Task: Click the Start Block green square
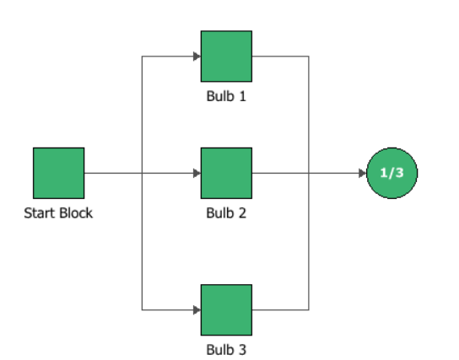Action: pos(58,173)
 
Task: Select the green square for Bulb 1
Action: pos(226,56)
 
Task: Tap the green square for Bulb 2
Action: pos(226,173)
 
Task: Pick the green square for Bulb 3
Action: pos(226,309)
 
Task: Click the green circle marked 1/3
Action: pos(392,173)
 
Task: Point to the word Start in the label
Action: pos(39,212)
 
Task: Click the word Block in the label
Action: pos(74,212)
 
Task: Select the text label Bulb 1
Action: pos(226,95)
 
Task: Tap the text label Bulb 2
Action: pos(226,212)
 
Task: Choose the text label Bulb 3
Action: pos(226,348)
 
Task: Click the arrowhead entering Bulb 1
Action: pos(197,56)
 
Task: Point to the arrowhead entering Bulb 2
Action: pos(197,173)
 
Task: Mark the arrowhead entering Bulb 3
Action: pos(197,309)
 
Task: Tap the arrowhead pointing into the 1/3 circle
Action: pos(363,173)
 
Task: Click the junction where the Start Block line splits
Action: pos(142,173)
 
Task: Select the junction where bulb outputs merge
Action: pos(310,173)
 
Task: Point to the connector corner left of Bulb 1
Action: pos(142,56)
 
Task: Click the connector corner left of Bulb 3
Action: pos(142,309)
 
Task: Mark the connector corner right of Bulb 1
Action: pos(310,56)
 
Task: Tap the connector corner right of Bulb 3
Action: pos(310,309)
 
